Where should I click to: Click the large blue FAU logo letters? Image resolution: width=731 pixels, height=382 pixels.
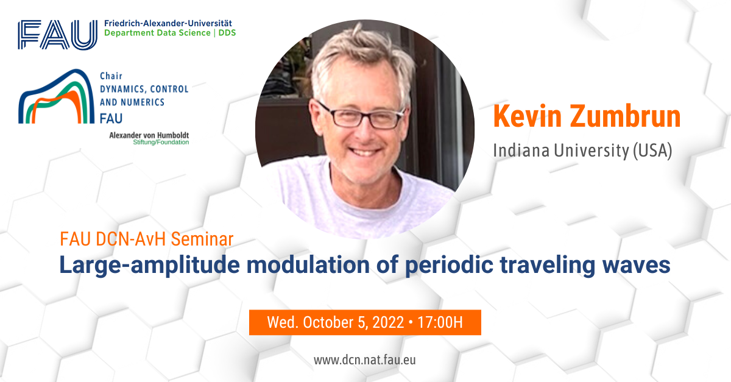(57, 35)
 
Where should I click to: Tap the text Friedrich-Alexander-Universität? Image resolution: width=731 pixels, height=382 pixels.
(168, 24)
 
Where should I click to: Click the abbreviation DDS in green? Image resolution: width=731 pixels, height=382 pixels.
(227, 33)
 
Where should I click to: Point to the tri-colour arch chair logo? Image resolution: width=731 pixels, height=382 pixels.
(56, 96)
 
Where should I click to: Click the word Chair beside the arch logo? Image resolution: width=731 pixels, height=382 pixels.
(111, 76)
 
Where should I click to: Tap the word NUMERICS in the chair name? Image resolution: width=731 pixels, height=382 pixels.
(143, 102)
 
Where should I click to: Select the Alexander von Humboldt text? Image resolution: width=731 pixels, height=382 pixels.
(149, 135)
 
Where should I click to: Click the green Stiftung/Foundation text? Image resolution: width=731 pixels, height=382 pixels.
(161, 143)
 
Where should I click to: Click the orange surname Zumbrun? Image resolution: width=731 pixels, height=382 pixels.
(625, 116)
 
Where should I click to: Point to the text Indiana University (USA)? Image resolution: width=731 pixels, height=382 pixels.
(582, 151)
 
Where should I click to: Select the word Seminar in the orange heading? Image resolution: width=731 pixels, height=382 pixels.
(202, 239)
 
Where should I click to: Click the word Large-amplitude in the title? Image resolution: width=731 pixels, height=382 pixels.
(149, 265)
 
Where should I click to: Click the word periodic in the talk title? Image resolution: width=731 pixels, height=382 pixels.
(449, 265)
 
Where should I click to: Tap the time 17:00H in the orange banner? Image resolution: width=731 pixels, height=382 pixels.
(440, 322)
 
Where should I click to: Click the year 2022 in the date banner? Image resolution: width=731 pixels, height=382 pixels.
(389, 322)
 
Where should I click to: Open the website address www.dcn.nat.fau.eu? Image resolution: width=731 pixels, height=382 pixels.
(365, 360)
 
